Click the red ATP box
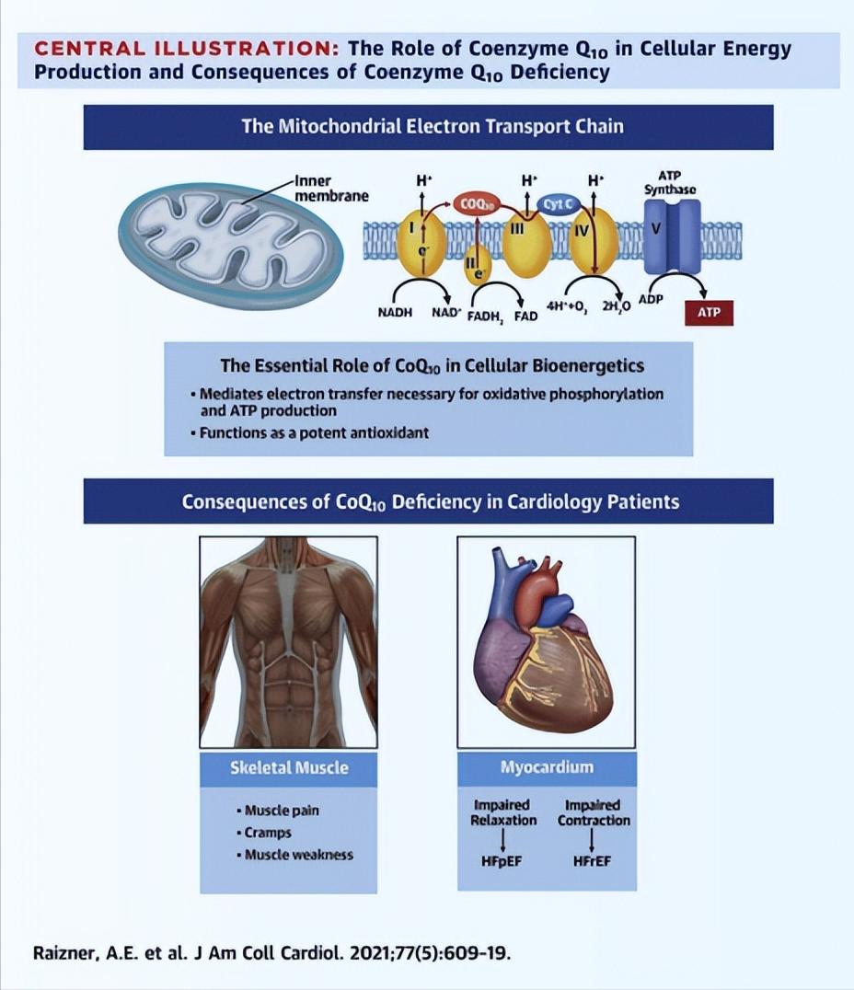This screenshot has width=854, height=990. (709, 313)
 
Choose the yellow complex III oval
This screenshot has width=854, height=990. (526, 241)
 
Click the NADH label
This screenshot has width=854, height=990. (395, 313)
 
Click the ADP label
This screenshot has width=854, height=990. (651, 300)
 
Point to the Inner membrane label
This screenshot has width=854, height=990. (331, 189)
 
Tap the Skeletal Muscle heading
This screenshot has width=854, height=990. (289, 766)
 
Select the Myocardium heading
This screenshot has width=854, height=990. (547, 766)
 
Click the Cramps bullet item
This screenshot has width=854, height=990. (267, 833)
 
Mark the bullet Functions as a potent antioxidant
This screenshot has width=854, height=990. (315, 432)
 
